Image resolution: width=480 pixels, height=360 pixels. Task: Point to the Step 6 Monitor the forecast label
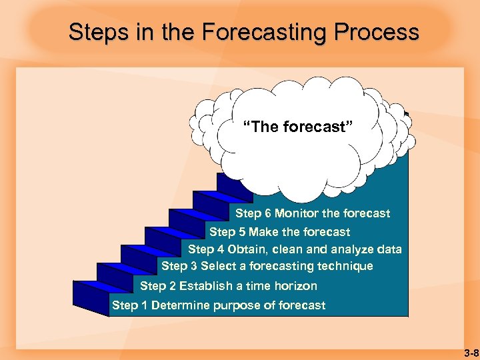click(x=313, y=213)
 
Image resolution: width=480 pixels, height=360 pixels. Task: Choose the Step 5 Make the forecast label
click(x=279, y=232)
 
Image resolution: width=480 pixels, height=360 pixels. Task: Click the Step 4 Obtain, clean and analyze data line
click(x=295, y=249)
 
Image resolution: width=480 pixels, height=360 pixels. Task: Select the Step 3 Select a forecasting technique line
click(x=267, y=266)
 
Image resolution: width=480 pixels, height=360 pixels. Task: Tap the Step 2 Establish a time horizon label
click(x=229, y=286)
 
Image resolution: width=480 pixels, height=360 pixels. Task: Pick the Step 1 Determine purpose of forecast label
click(x=219, y=305)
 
